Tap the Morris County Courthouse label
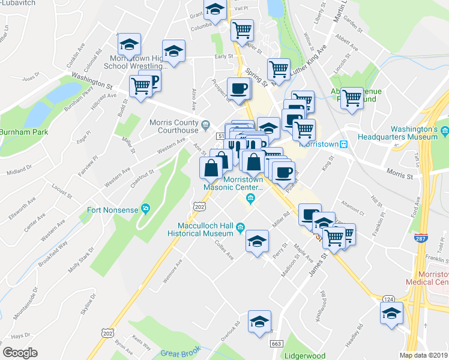click(173, 127)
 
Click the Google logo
click(20, 352)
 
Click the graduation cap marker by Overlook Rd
click(259, 322)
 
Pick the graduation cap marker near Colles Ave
click(257, 242)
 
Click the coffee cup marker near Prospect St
click(238, 89)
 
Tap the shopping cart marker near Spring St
click(279, 70)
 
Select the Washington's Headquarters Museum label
click(414, 133)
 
